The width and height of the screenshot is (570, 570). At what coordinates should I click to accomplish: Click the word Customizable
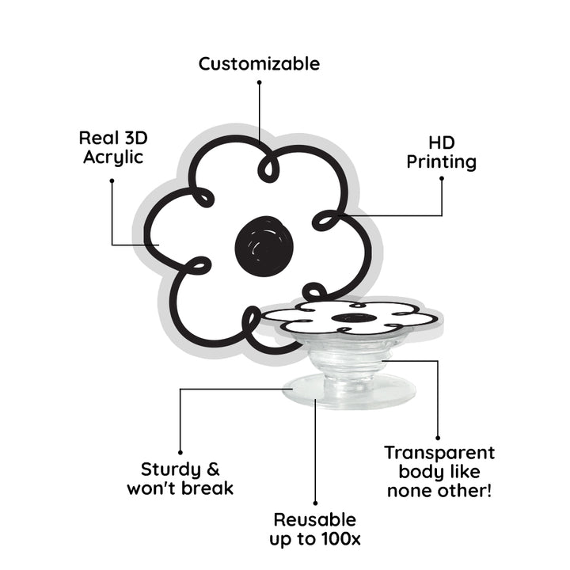pos(259,63)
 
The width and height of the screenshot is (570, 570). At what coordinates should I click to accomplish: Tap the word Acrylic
pos(112,157)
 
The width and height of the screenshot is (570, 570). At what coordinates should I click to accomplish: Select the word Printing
pos(442,162)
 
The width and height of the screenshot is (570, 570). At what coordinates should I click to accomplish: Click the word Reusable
pos(314,520)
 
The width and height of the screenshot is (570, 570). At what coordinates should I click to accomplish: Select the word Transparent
pos(439,453)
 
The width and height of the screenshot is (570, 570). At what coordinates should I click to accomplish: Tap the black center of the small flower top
pos(349,318)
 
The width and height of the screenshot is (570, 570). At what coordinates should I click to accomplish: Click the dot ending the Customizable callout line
pos(259,82)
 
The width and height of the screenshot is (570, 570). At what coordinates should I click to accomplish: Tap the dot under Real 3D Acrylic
pos(112,180)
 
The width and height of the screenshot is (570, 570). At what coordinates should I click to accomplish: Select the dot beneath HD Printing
pos(442,179)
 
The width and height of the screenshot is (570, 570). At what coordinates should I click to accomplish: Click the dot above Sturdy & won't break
pos(180,453)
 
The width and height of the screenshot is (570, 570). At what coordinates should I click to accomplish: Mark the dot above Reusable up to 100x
pos(315,502)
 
